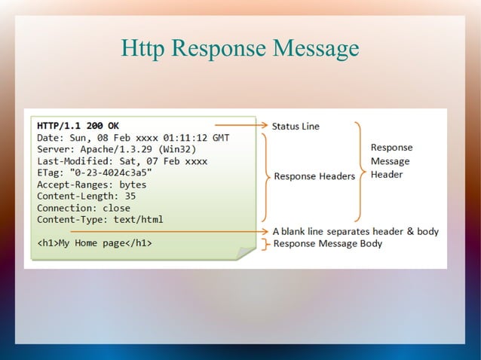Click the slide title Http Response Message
tap(240, 50)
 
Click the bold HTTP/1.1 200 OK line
tap(78, 126)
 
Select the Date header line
tap(133, 138)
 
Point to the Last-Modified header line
tap(121, 161)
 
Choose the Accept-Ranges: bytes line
tap(92, 185)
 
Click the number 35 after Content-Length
tap(130, 196)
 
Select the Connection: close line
tap(84, 208)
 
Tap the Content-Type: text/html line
tap(100, 220)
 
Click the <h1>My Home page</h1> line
tap(95, 243)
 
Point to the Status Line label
tap(296, 127)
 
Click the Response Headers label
tap(314, 177)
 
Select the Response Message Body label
tap(327, 243)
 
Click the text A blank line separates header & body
tap(355, 231)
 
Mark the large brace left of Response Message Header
tap(358, 172)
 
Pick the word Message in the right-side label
tap(390, 161)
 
